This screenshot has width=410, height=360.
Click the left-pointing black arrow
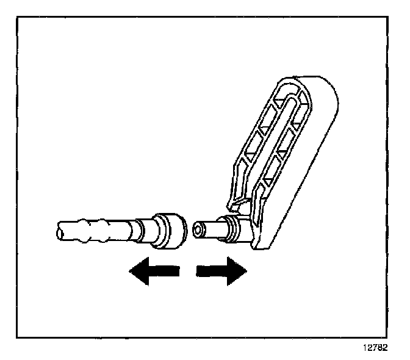click(x=153, y=270)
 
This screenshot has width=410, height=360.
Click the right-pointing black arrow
click(x=221, y=270)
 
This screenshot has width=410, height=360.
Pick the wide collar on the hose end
click(x=169, y=231)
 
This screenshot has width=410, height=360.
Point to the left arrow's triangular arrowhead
click(x=138, y=270)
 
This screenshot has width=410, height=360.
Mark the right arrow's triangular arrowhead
click(x=236, y=270)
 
